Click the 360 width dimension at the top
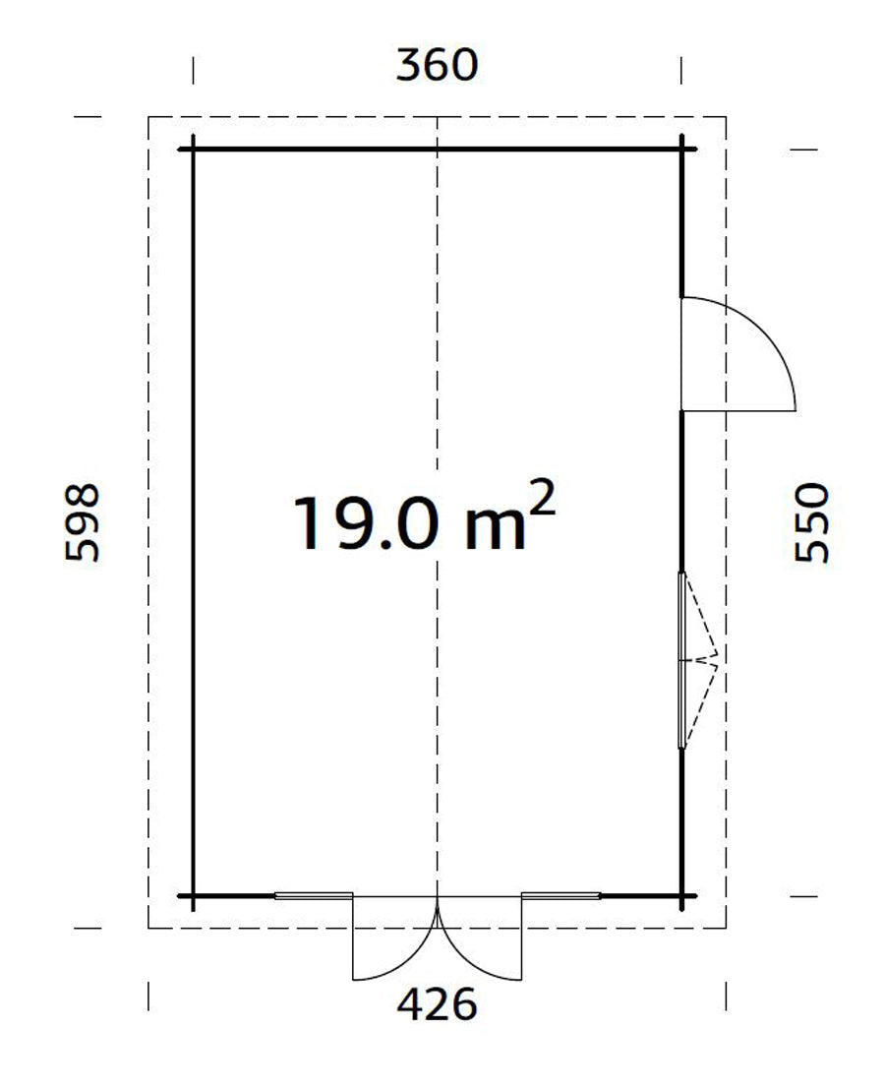(x=437, y=65)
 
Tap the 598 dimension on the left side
(x=83, y=521)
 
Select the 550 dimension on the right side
(x=812, y=521)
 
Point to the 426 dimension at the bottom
(x=437, y=1005)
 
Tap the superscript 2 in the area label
(x=544, y=499)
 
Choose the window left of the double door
(x=313, y=895)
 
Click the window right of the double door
(x=560, y=895)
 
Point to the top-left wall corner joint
(x=193, y=150)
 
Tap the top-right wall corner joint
(x=681, y=150)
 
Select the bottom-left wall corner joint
(x=193, y=896)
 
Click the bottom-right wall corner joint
(x=681, y=896)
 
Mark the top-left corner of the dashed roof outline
(x=148, y=117)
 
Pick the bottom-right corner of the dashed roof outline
(x=726, y=928)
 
